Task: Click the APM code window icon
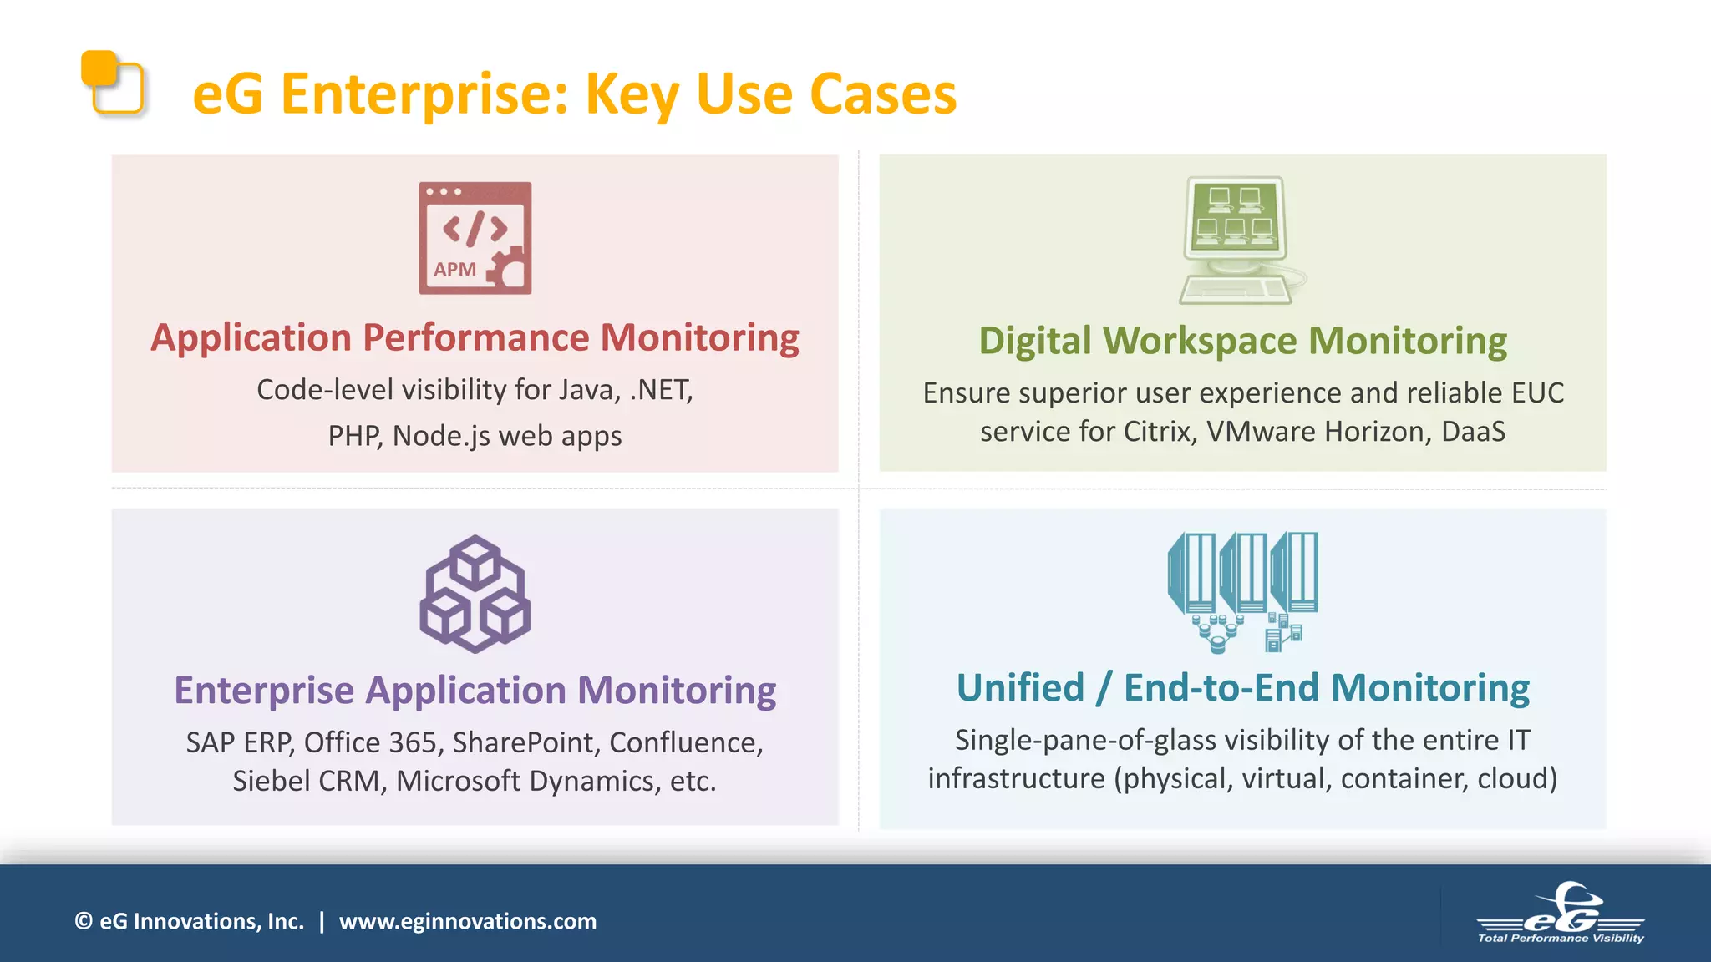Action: [x=475, y=237]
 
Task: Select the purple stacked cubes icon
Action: [x=475, y=594]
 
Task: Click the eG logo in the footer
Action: [x=1561, y=914]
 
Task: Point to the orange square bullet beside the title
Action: [x=112, y=82]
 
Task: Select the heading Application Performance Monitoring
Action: [x=475, y=338]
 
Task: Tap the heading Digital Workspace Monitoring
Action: [x=1242, y=342]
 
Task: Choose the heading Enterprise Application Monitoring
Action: [x=475, y=691]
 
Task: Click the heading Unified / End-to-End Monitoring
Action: [x=1242, y=688]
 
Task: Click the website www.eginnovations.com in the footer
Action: [x=468, y=921]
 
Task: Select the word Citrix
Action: [x=1158, y=432]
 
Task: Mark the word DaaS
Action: [x=1473, y=432]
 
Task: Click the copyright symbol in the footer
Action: [x=84, y=921]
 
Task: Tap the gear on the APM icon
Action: [x=508, y=270]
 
